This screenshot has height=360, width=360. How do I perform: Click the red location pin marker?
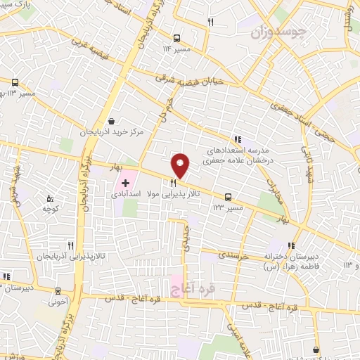pyautogui.click(x=181, y=165)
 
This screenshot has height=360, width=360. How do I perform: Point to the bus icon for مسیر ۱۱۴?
pyautogui.click(x=176, y=38)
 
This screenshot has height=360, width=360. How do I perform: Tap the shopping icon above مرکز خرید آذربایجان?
pyautogui.click(x=112, y=120)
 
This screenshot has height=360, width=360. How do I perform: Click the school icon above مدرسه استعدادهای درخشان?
pyautogui.click(x=238, y=139)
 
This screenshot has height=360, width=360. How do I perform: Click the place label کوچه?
pyautogui.click(x=49, y=209)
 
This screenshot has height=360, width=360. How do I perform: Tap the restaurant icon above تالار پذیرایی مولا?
pyautogui.click(x=173, y=182)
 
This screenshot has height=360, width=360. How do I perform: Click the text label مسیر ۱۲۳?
pyautogui.click(x=229, y=208)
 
